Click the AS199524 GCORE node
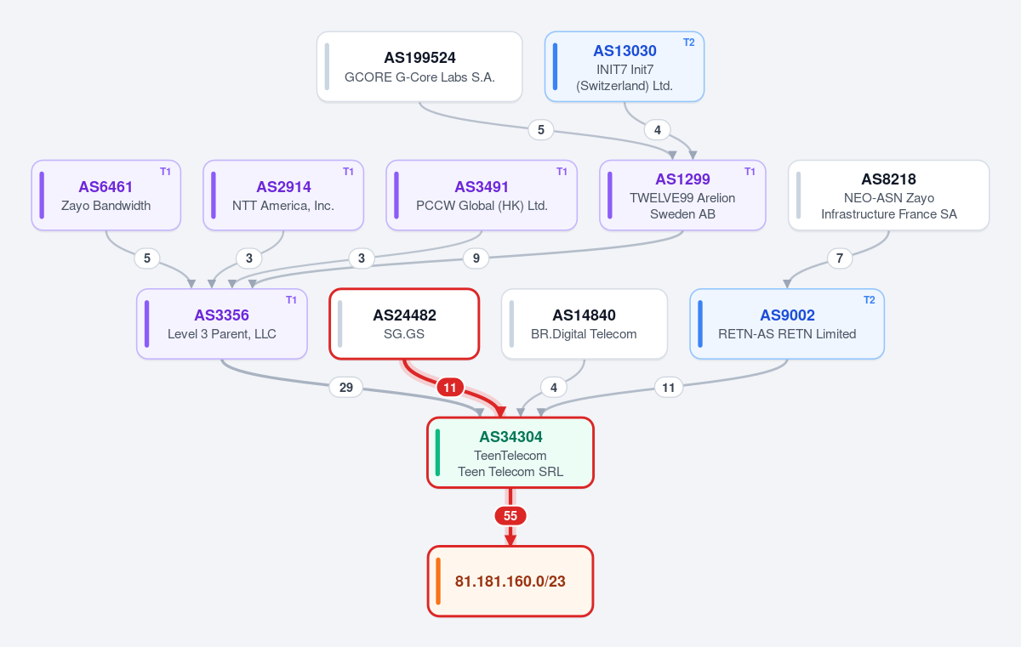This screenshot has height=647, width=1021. (419, 66)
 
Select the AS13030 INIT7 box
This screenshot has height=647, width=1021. (624, 66)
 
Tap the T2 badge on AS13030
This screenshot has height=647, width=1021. (688, 43)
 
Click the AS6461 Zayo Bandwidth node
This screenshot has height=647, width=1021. (106, 196)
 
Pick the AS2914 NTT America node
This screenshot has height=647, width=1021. (283, 196)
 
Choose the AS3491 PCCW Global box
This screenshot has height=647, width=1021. (482, 196)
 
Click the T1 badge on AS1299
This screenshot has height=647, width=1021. (750, 171)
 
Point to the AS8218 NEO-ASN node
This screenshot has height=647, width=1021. (889, 196)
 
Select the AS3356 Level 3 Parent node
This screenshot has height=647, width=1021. (222, 324)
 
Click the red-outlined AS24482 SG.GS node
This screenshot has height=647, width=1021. (404, 324)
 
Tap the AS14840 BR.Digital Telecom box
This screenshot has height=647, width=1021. (585, 324)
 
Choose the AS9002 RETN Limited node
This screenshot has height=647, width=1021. (787, 324)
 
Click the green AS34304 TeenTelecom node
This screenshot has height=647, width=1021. (510, 452)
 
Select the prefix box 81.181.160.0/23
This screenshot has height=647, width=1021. (510, 581)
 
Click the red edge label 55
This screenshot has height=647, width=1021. (510, 516)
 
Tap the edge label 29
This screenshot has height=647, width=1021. (346, 388)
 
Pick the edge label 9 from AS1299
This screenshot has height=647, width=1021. (476, 258)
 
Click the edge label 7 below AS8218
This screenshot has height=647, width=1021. (840, 258)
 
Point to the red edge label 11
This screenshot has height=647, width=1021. (450, 388)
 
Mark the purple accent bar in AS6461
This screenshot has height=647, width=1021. (42, 196)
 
